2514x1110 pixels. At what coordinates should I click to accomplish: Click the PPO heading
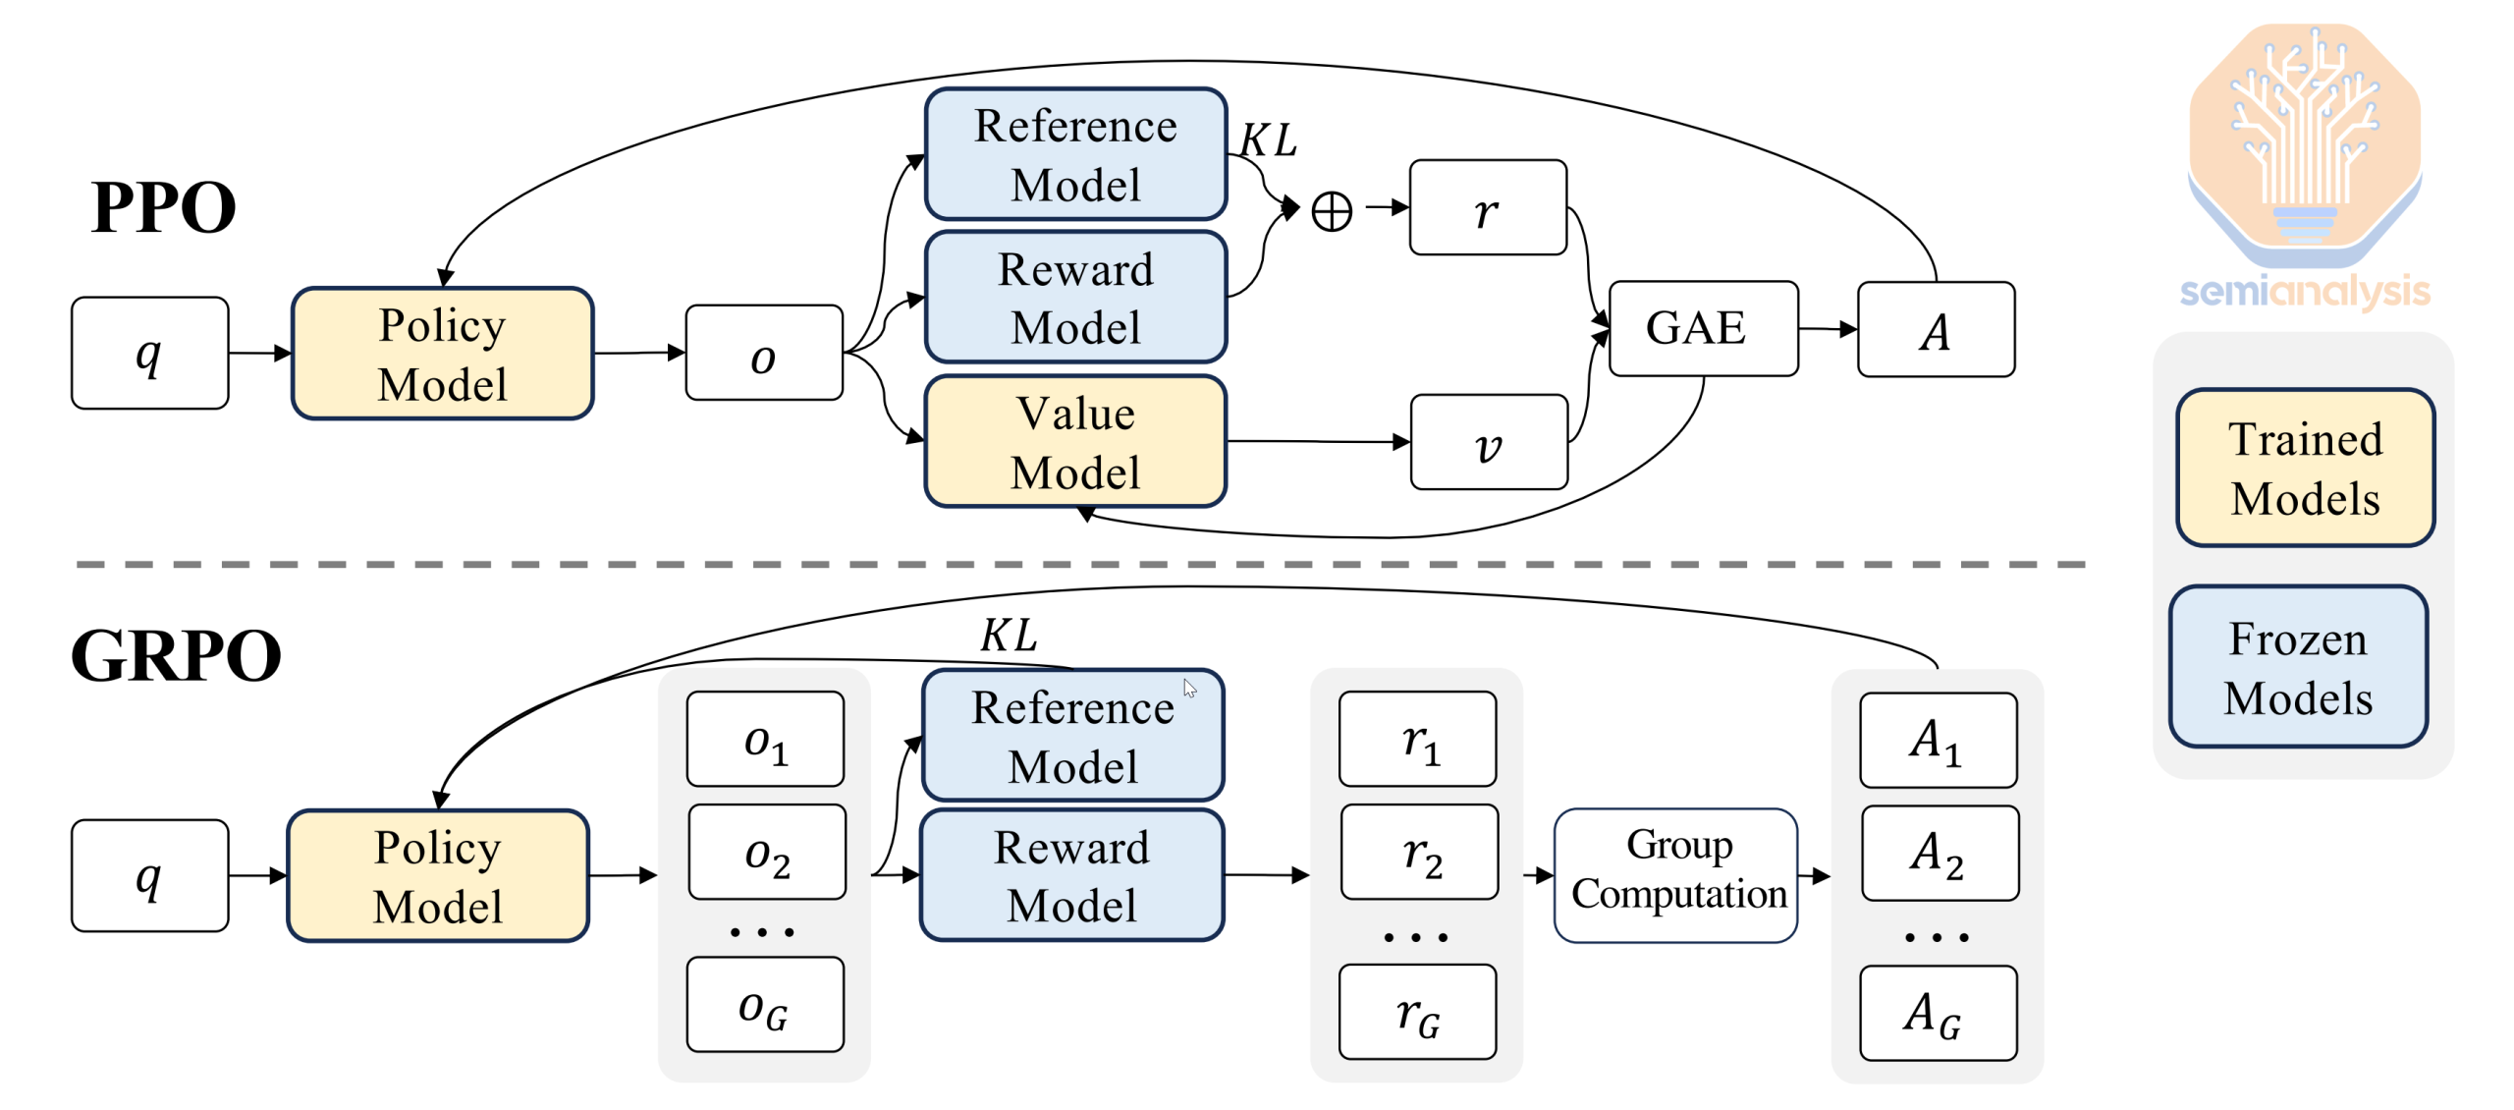click(x=163, y=207)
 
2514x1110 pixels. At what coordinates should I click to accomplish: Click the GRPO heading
click(x=176, y=655)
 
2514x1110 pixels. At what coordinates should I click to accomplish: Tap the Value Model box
click(x=1074, y=442)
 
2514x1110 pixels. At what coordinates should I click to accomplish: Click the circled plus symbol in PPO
click(x=1331, y=211)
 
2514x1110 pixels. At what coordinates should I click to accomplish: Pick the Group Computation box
click(x=1675, y=873)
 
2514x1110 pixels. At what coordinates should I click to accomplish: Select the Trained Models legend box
click(x=2304, y=468)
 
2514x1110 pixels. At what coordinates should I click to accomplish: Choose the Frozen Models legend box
click(x=2297, y=667)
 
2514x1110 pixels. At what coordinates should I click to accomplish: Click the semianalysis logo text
click(x=2304, y=292)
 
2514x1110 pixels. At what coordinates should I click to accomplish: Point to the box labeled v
click(x=1488, y=442)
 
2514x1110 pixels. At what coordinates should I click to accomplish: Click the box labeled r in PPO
click(x=1487, y=208)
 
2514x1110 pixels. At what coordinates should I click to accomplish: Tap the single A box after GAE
click(x=1935, y=330)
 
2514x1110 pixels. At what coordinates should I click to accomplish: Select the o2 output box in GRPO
click(x=766, y=852)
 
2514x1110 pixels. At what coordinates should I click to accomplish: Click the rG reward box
click(x=1416, y=1012)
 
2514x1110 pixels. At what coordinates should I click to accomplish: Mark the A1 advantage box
click(x=1937, y=740)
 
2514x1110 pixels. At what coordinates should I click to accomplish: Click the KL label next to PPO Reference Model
click(x=1267, y=139)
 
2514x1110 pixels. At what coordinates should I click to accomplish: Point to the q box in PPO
click(x=149, y=353)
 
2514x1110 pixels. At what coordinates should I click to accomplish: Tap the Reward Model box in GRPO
click(x=1070, y=874)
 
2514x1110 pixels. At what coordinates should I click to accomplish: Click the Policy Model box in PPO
click(x=442, y=354)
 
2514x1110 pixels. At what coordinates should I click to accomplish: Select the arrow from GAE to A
click(x=1827, y=329)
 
